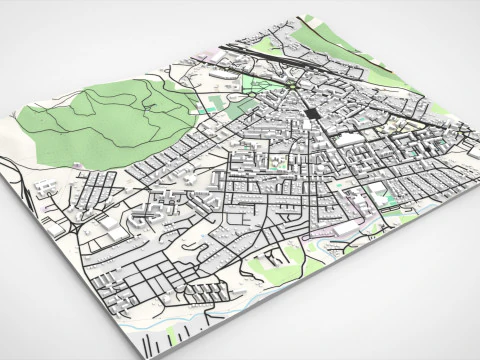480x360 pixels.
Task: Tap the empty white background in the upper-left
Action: [60, 40]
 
